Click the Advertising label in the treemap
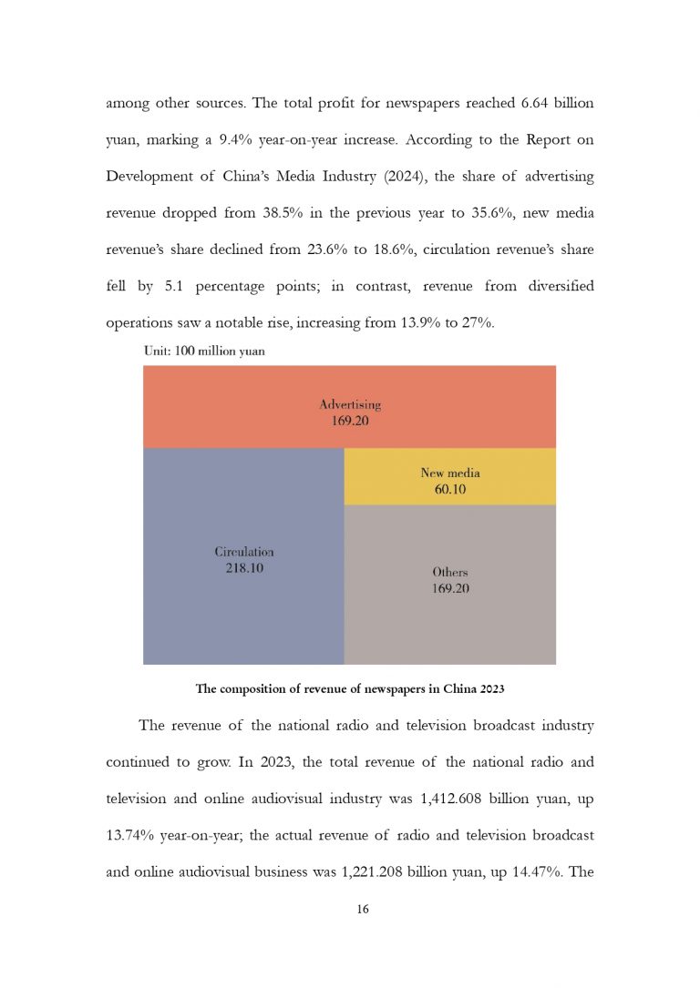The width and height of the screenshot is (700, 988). point(350,404)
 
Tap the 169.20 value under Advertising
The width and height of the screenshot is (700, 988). point(350,421)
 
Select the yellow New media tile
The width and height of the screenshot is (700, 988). point(450,477)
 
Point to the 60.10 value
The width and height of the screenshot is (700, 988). point(450,489)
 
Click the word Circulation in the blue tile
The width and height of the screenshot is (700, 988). point(244,552)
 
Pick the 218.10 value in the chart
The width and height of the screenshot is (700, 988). point(244,568)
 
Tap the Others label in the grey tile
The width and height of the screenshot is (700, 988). point(450,572)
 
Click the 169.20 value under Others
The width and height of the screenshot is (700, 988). point(450,588)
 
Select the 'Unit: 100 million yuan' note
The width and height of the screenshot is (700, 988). point(204,351)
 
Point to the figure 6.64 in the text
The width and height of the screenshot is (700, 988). point(540,103)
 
